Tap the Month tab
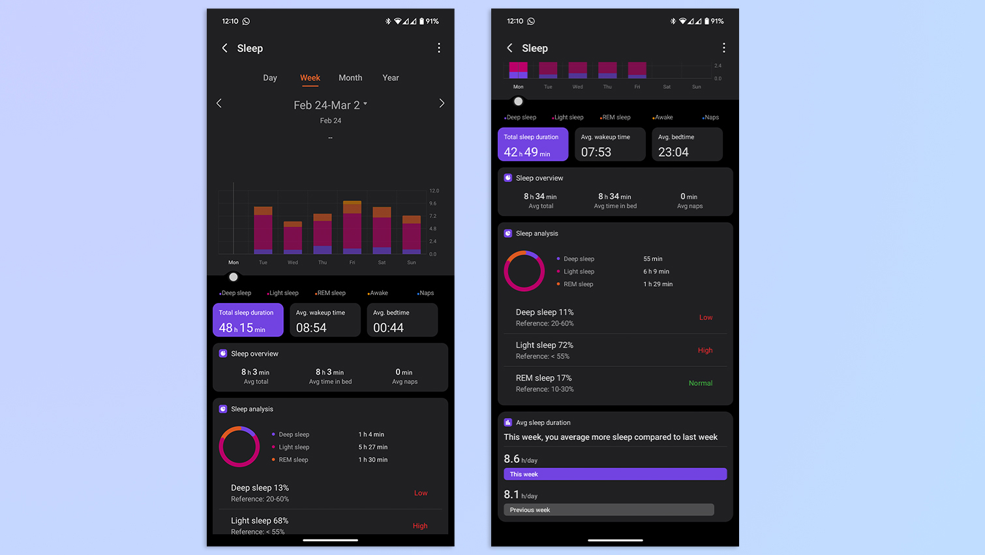pos(350,78)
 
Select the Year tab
pos(391,78)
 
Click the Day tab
pos(270,78)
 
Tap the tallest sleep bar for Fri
pos(352,227)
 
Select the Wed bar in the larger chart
pos(293,238)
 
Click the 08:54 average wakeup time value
pos(311,328)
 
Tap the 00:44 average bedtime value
pos(388,328)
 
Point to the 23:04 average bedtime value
pos(673,152)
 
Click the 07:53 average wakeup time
pos(596,152)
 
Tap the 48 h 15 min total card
pos(248,320)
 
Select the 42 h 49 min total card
pos(533,144)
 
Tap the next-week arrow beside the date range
pos(442,103)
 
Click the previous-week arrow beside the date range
pos(219,103)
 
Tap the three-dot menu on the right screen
pos(723,48)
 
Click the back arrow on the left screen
pos(224,48)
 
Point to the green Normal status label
pos(701,383)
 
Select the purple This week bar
pos(615,474)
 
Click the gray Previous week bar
pos(609,510)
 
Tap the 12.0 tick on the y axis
pos(434,191)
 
